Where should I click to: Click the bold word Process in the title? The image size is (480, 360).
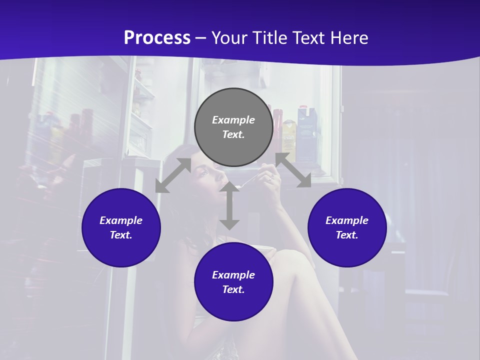pos(157,38)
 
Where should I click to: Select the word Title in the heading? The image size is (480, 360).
pos(270,38)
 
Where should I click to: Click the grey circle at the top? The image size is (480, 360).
pos(233,127)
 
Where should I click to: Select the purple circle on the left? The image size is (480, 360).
pos(121,227)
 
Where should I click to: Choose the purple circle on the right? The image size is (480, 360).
pos(347,227)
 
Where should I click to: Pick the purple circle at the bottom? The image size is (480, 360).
pos(233,282)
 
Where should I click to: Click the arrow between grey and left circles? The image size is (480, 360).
pos(173,175)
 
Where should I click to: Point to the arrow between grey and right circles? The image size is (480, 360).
pos(293,170)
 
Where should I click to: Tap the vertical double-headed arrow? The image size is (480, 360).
pos(229,206)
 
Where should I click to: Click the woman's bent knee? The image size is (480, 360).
pos(287,260)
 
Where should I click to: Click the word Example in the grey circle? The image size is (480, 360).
pos(233,120)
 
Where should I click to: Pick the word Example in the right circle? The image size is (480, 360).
pos(347,220)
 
